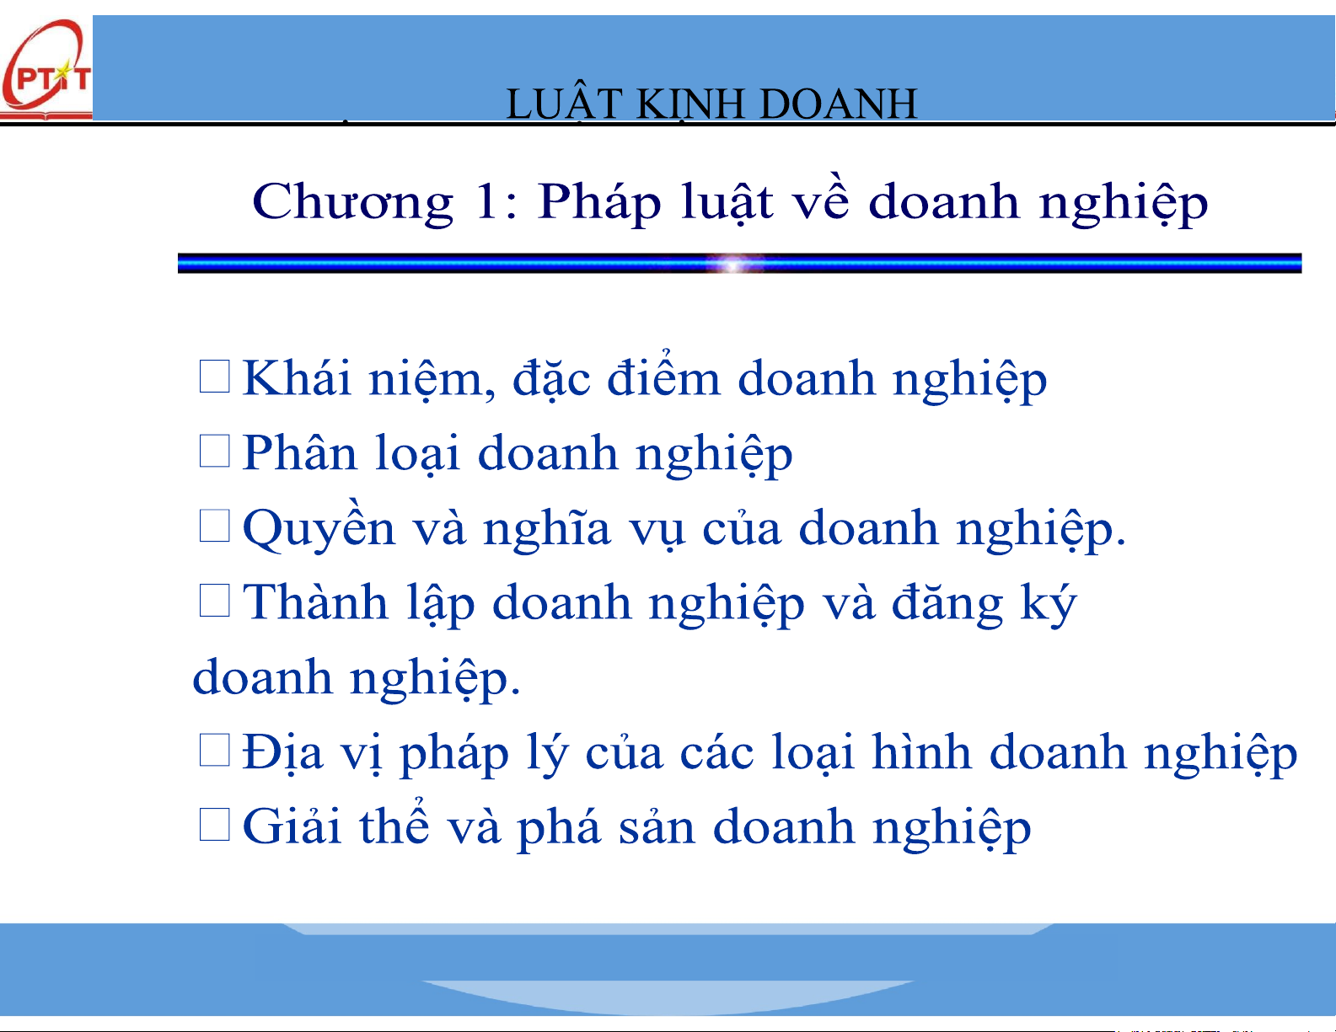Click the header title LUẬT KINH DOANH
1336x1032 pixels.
[x=711, y=104]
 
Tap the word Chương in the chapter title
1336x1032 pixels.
[x=352, y=203]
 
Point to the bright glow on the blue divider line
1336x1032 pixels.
[x=732, y=265]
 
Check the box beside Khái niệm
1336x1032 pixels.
[x=215, y=377]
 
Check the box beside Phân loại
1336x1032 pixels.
[x=215, y=451]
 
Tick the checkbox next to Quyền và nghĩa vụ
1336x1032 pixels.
[x=215, y=526]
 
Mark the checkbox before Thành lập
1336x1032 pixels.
[x=215, y=600]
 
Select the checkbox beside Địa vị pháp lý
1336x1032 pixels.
[x=215, y=750]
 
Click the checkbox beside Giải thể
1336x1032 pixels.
[x=215, y=824]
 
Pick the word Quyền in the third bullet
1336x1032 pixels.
[x=319, y=528]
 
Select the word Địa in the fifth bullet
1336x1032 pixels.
[x=282, y=751]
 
